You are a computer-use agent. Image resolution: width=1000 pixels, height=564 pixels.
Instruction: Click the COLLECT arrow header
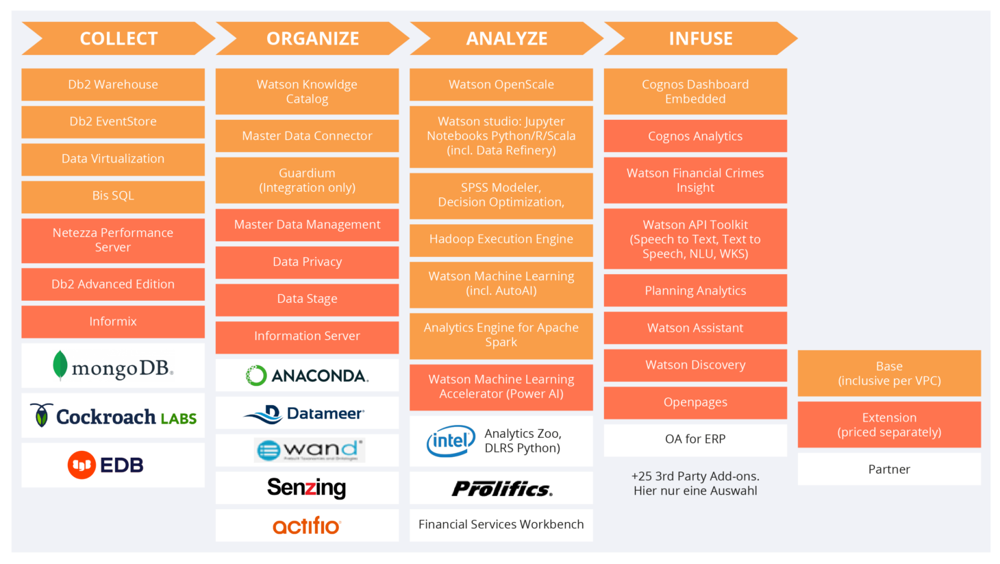pyautogui.click(x=118, y=38)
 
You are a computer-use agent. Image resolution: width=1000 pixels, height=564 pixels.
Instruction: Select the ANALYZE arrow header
pyautogui.click(x=506, y=38)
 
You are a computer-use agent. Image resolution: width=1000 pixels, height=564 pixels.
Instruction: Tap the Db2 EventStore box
pyautogui.click(x=113, y=122)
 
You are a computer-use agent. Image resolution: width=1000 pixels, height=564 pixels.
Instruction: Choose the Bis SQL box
pyautogui.click(x=113, y=196)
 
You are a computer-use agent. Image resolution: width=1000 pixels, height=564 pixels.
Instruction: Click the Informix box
pyautogui.click(x=113, y=321)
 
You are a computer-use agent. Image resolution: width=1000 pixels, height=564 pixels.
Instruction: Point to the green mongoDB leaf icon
pyautogui.click(x=60, y=365)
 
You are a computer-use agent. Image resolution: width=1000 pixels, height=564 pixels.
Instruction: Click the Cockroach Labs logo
pyautogui.click(x=113, y=416)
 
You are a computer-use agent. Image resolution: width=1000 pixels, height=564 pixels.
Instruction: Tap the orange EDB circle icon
pyautogui.click(x=81, y=465)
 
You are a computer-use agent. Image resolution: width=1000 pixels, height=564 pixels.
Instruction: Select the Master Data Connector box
pyautogui.click(x=307, y=136)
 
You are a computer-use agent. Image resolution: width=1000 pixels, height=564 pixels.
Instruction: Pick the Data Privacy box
pyautogui.click(x=307, y=262)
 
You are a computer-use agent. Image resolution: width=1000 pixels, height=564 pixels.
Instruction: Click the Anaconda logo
pyautogui.click(x=307, y=376)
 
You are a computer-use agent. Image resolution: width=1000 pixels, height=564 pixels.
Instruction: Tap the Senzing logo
pyautogui.click(x=307, y=488)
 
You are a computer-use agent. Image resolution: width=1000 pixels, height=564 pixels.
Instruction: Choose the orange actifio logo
pyautogui.click(x=307, y=526)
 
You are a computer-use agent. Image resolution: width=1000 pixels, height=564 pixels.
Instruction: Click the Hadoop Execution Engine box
pyautogui.click(x=501, y=239)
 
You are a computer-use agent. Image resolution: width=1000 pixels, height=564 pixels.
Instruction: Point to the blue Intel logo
pyautogui.click(x=451, y=441)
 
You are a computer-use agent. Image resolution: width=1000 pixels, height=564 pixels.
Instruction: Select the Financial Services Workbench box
pyautogui.click(x=501, y=525)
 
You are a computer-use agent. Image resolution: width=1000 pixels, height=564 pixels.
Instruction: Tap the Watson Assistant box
pyautogui.click(x=695, y=328)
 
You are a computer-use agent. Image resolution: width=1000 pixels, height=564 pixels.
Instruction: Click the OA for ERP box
pyautogui.click(x=695, y=439)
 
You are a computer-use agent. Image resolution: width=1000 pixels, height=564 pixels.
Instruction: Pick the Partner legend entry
pyautogui.click(x=889, y=469)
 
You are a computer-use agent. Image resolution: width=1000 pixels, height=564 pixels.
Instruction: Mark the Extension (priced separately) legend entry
pyautogui.click(x=889, y=425)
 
